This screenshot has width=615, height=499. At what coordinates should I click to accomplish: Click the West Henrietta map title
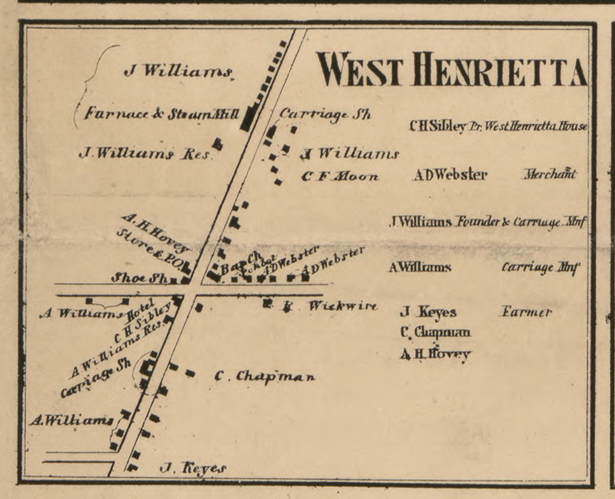tap(451, 69)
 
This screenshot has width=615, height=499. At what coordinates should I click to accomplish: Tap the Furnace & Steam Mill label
tap(162, 114)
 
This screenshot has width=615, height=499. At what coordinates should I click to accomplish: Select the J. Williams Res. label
tap(145, 154)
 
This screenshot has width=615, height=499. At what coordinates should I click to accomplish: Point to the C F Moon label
tap(340, 177)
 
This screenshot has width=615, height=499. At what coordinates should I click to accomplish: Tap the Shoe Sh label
tap(138, 278)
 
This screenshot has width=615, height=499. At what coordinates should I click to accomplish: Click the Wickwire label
tap(342, 306)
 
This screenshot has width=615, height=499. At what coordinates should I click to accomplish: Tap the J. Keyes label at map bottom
tap(192, 467)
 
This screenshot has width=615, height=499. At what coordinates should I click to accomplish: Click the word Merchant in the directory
tap(550, 174)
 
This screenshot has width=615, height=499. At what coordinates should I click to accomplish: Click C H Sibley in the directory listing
tap(437, 126)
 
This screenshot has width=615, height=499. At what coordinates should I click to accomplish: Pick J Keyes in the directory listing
tap(428, 312)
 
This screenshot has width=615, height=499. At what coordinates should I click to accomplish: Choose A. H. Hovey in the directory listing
tap(435, 354)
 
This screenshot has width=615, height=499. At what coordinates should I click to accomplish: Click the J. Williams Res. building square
tap(217, 144)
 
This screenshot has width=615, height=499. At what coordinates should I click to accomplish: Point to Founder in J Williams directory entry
tap(477, 222)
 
